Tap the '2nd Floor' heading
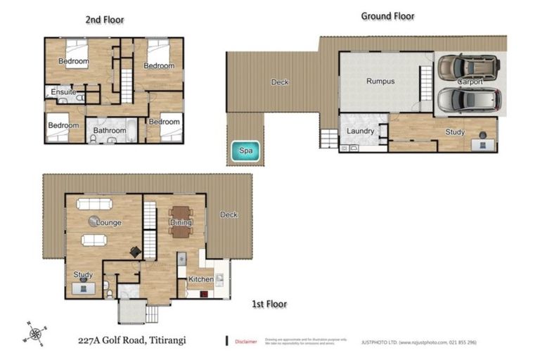(105, 20)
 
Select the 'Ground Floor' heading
(387, 15)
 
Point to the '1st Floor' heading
(269, 304)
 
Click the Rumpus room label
(380, 82)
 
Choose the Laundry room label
(361, 131)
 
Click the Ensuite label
(63, 92)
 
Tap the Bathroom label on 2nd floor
(110, 131)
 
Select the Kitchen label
(200, 280)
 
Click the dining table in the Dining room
(181, 221)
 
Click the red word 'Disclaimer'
(245, 342)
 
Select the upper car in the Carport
(468, 68)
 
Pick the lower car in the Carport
(468, 100)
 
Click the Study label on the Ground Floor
(455, 132)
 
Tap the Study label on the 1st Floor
(83, 275)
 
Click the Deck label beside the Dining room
(229, 215)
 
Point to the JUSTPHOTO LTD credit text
(419, 342)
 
